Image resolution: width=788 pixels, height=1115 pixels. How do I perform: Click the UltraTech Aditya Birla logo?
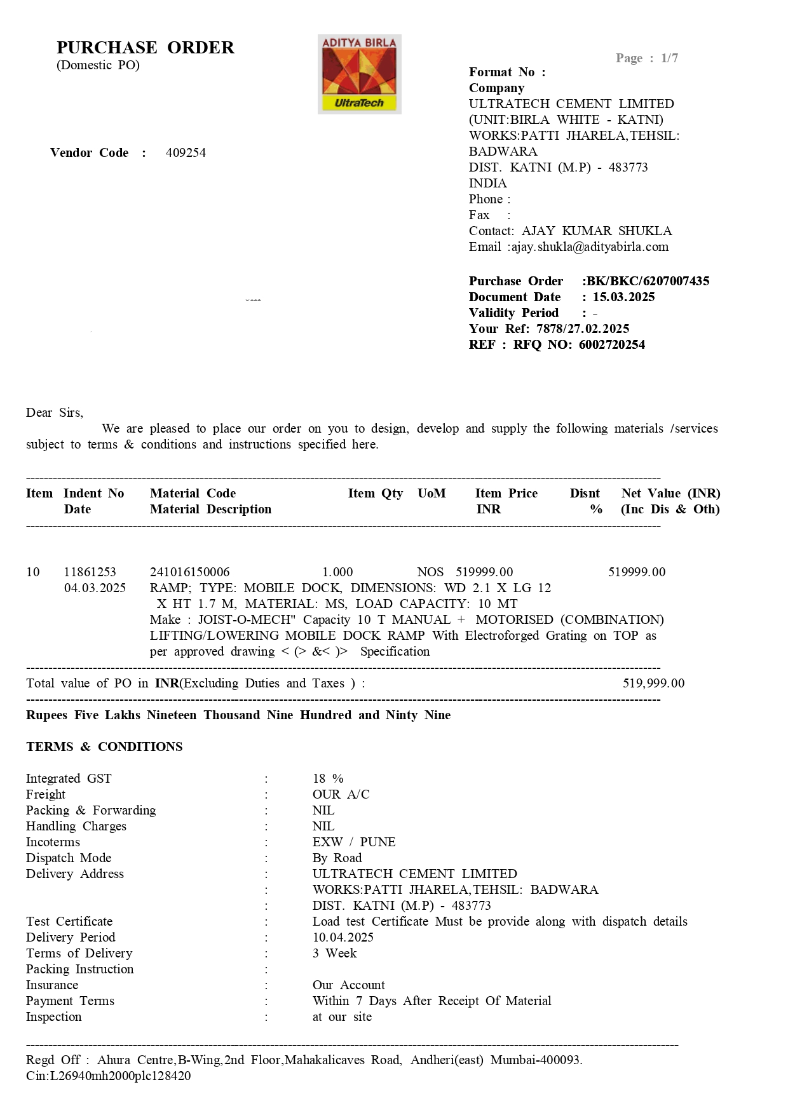click(359, 74)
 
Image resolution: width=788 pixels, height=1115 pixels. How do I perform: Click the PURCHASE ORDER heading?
click(146, 48)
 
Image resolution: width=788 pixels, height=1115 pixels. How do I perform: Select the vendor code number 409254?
click(186, 153)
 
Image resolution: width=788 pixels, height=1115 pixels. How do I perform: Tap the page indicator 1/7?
click(669, 58)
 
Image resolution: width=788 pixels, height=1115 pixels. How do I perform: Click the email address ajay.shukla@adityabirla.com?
click(590, 247)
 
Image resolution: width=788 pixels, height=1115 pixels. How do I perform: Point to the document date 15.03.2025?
click(623, 297)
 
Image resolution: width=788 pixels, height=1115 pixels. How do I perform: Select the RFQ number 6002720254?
click(612, 345)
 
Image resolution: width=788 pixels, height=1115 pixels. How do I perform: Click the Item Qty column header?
click(375, 494)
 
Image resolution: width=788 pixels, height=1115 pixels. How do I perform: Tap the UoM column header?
click(431, 494)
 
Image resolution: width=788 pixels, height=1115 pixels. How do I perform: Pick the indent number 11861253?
click(90, 572)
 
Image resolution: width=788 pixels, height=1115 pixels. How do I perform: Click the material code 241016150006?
click(189, 572)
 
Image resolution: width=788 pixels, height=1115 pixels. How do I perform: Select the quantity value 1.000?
click(337, 572)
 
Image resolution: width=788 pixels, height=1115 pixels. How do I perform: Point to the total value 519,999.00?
click(653, 684)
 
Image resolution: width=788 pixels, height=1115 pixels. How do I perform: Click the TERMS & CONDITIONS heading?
click(104, 747)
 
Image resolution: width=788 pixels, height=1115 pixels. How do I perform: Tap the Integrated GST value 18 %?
click(328, 779)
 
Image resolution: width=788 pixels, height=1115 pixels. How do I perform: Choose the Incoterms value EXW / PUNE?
click(353, 842)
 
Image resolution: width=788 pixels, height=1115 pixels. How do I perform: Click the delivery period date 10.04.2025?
click(343, 938)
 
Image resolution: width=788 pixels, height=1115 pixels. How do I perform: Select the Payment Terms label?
click(70, 1001)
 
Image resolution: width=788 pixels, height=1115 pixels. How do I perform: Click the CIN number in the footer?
click(108, 1076)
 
